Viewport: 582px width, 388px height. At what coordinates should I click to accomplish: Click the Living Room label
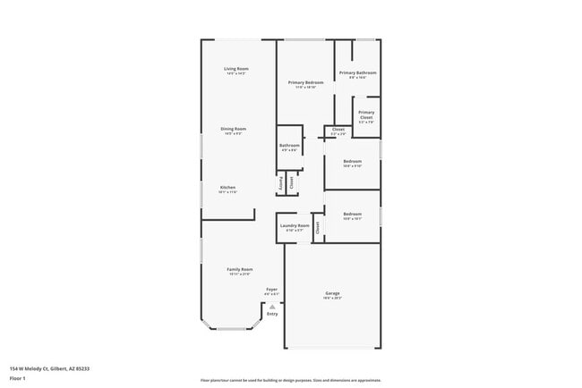click(235, 69)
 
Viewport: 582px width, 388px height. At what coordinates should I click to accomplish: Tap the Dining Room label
click(234, 129)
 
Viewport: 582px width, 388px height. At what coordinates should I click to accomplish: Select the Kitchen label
click(227, 187)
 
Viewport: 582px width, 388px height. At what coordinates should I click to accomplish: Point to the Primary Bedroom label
click(305, 82)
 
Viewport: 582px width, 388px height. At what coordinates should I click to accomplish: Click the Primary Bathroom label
click(357, 72)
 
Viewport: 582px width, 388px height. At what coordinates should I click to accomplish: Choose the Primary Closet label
click(366, 114)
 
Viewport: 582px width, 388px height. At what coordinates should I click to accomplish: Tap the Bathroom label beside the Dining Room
click(289, 145)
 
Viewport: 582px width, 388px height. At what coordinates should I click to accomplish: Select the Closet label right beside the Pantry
click(291, 181)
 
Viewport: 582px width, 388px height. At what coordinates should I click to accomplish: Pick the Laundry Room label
click(295, 225)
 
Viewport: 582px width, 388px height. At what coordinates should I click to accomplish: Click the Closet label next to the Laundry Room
click(317, 228)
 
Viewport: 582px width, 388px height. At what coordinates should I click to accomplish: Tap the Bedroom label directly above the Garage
click(352, 214)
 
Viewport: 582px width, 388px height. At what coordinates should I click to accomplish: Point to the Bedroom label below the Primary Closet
click(352, 161)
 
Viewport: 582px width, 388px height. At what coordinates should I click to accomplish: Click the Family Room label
click(239, 269)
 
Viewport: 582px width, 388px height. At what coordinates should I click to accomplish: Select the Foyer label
click(271, 289)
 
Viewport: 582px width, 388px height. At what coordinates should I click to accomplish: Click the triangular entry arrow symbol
click(272, 306)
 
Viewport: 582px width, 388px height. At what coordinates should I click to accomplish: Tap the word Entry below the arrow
click(272, 314)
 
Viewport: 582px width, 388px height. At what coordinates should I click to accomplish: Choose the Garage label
click(332, 293)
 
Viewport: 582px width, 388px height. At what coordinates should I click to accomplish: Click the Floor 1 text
click(18, 378)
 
